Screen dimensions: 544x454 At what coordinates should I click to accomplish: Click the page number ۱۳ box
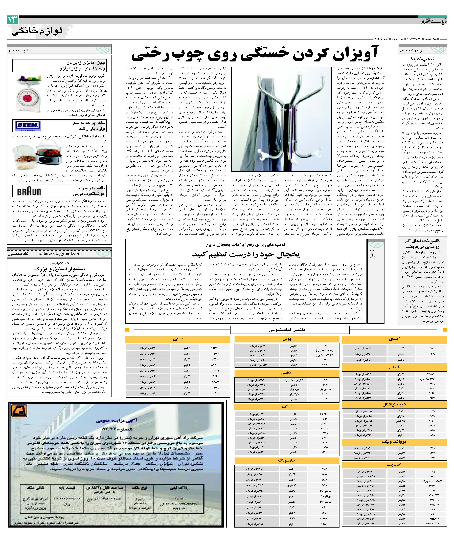(x=12, y=20)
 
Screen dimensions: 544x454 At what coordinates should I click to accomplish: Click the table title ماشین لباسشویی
(x=290, y=330)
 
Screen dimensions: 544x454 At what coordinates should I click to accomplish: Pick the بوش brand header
(x=287, y=339)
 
